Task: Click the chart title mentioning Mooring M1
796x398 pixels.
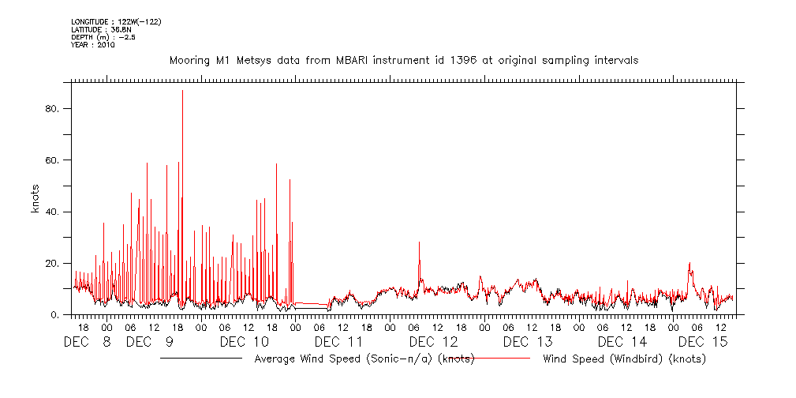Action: click(404, 60)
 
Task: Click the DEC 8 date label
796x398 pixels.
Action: click(88, 342)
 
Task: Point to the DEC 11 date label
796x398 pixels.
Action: click(338, 342)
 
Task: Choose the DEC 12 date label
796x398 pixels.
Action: click(433, 342)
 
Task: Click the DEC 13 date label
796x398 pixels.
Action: click(528, 342)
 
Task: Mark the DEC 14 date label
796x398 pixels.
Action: click(622, 342)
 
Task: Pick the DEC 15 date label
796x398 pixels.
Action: click(703, 342)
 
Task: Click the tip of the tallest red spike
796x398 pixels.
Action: click(182, 91)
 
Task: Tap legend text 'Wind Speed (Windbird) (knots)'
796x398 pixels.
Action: click(624, 359)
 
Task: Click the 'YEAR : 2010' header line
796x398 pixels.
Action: click(93, 45)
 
